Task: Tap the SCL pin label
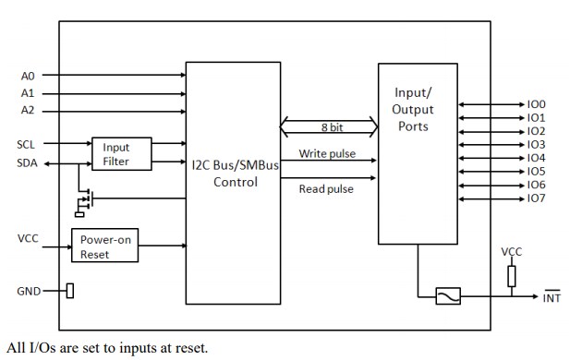(x=27, y=144)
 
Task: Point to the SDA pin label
(x=27, y=162)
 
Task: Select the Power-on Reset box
(x=103, y=245)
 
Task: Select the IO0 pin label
(x=536, y=105)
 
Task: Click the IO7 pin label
(x=536, y=198)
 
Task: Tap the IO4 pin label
(x=536, y=158)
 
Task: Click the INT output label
(x=551, y=298)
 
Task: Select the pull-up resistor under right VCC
(x=511, y=275)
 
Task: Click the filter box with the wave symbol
(x=451, y=296)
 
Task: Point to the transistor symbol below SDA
(x=84, y=199)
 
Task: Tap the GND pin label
(x=28, y=292)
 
